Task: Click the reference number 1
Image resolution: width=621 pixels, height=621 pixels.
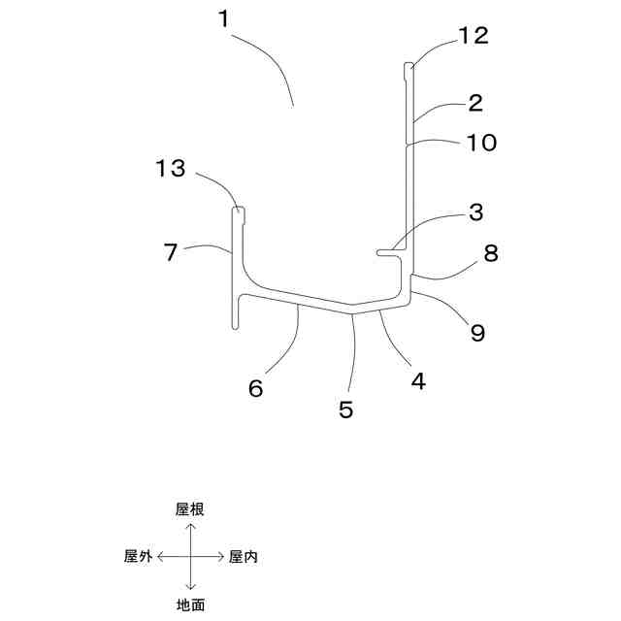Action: (225, 17)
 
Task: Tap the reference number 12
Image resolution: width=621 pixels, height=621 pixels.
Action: (474, 37)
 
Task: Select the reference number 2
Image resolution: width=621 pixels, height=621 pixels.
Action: (475, 102)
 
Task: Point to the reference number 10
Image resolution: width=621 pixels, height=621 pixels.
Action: (480, 143)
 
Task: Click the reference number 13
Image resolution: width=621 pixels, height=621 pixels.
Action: (170, 169)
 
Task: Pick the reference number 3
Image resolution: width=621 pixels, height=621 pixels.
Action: (475, 212)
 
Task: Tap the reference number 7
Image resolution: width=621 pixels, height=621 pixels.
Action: (170, 254)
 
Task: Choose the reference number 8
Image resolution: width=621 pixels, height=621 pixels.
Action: (490, 254)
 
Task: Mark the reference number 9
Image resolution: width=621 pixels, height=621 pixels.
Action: (476, 333)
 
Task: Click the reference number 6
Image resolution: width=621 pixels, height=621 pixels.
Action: (255, 388)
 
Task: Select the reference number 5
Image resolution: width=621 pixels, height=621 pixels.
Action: (346, 409)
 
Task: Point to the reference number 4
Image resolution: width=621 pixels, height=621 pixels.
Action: (417, 381)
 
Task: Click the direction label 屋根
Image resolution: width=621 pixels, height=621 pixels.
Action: (191, 508)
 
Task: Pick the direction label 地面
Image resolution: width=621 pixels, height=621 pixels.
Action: (191, 605)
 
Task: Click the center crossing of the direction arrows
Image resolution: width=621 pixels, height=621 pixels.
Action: (191, 556)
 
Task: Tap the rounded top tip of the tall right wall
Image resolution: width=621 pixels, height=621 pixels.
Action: (409, 66)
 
